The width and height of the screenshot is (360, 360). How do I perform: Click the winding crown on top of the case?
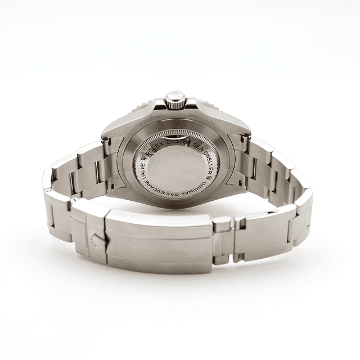click(175, 101)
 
